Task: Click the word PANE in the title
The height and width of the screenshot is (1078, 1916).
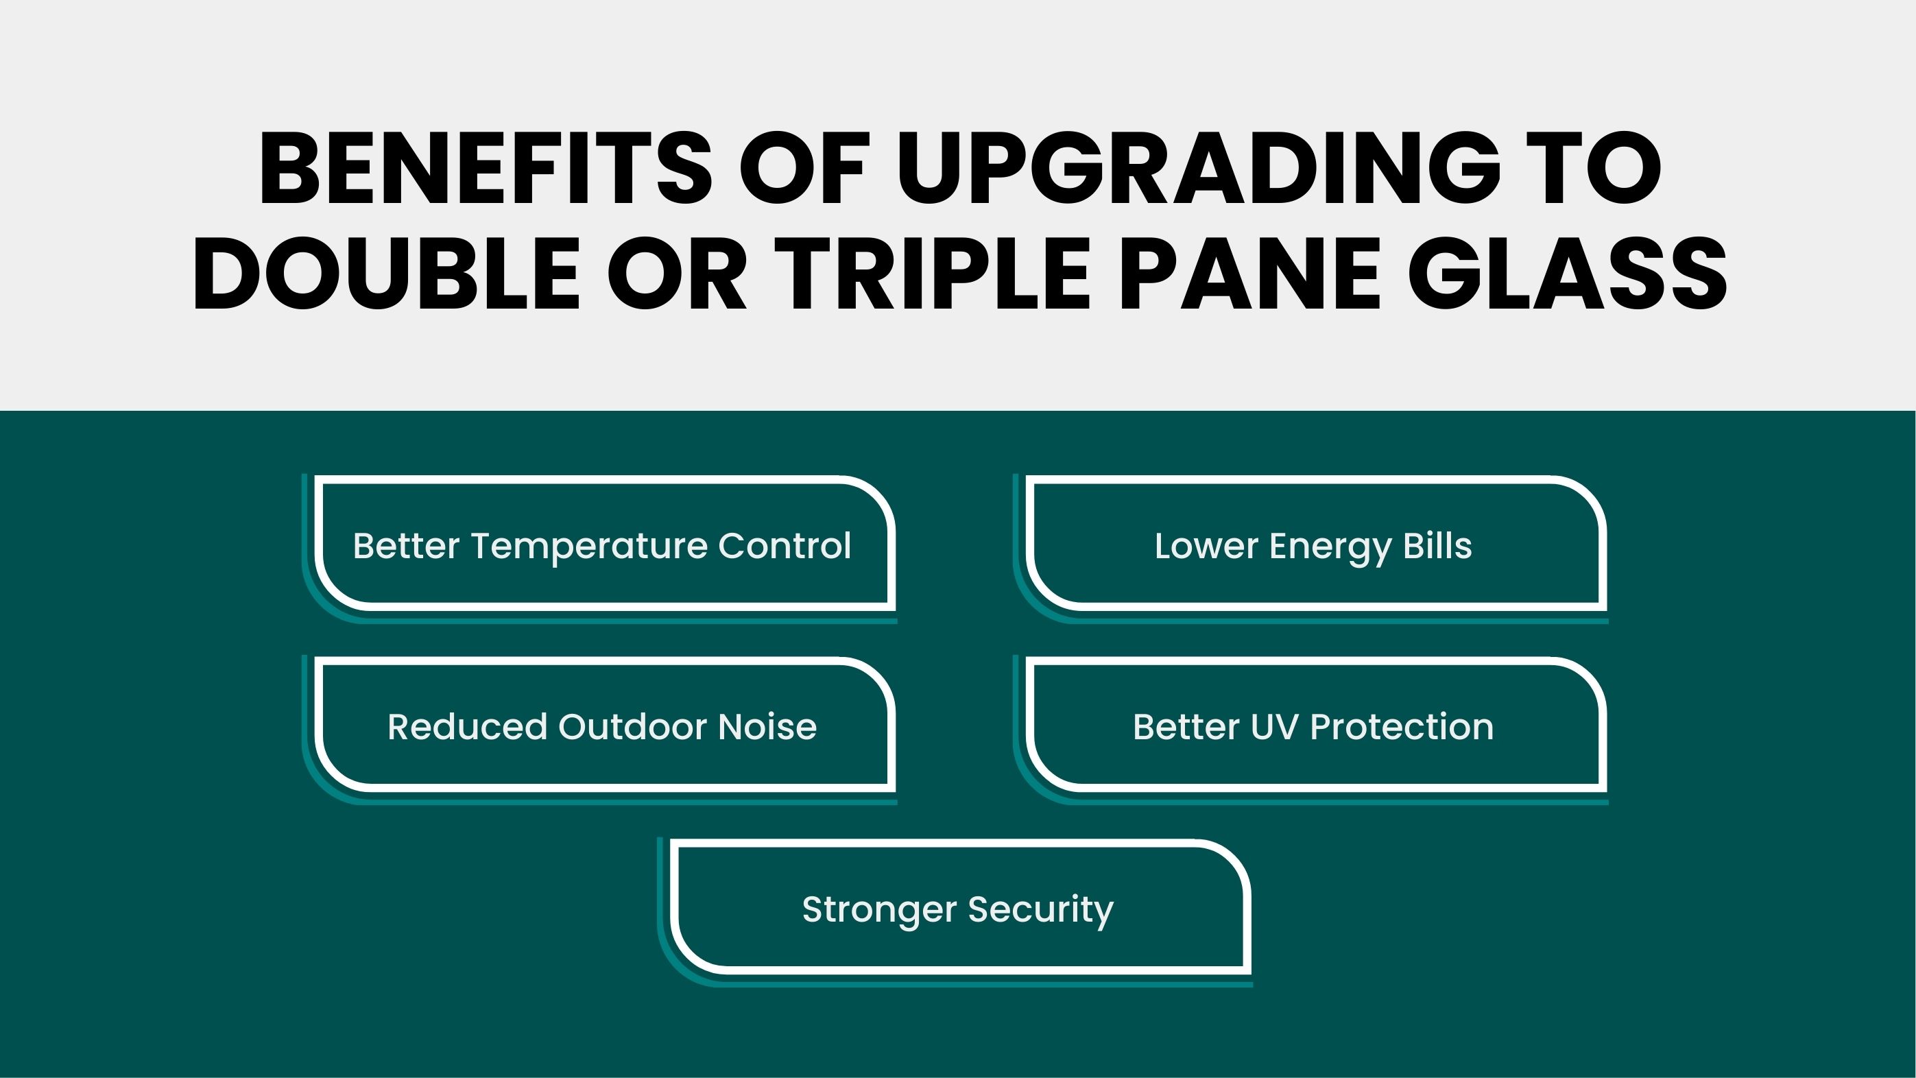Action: coord(1249,273)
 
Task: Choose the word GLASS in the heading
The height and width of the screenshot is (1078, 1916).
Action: coord(1568,273)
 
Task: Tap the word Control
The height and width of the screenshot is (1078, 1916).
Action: coord(785,545)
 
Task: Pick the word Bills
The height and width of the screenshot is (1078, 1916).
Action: coord(1437,545)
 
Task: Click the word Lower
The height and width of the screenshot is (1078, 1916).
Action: coord(1206,545)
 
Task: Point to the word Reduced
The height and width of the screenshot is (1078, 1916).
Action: coord(466,727)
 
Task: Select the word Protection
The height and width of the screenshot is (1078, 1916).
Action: coord(1401,727)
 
